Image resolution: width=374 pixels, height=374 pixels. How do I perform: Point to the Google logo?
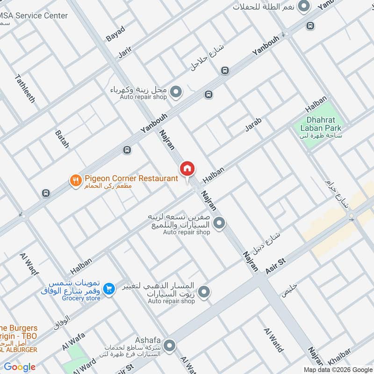tap(20, 367)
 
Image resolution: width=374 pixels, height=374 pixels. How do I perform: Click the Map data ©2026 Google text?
tap(337, 369)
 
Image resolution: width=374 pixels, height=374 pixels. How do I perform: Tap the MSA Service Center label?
tap(34, 16)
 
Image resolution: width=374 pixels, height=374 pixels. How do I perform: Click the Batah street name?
tap(62, 139)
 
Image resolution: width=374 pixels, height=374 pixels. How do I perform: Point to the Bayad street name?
tap(115, 34)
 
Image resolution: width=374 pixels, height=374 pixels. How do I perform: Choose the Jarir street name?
tap(126, 52)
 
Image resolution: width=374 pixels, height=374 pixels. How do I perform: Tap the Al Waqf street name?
tap(29, 264)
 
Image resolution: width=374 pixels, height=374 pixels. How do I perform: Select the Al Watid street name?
tap(274, 340)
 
